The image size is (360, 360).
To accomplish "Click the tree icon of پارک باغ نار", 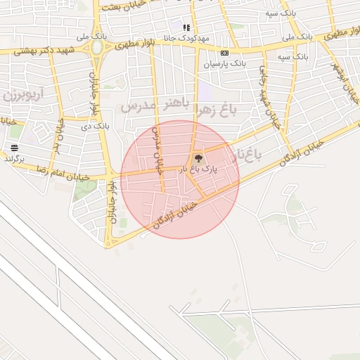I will (x=198, y=158).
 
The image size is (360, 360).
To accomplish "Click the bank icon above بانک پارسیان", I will (x=224, y=53).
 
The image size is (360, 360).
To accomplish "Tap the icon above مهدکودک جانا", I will (x=186, y=27).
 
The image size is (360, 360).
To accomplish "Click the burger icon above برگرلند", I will (x=14, y=147).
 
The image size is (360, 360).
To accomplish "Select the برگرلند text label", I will (x=14, y=159).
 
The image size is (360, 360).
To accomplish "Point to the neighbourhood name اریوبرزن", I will (x=22, y=94).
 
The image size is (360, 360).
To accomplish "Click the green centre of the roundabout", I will (x=96, y=48).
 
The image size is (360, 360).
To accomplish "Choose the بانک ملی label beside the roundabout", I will (x=77, y=35).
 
